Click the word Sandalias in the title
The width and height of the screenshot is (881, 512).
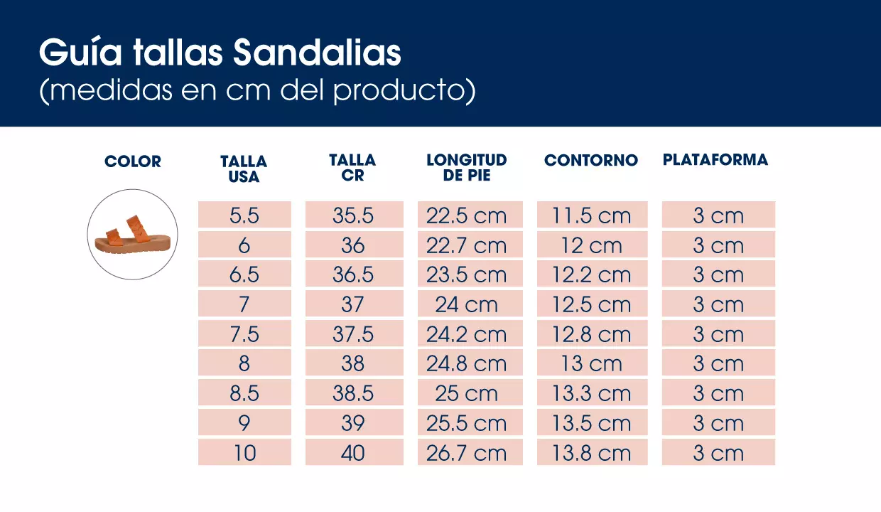coord(317,53)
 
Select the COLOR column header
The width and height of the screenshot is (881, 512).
coord(133,161)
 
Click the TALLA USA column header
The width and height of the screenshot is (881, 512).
coord(244,169)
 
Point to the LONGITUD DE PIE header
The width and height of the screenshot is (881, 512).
coord(467,168)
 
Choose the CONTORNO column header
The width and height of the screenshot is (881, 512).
coord(591,161)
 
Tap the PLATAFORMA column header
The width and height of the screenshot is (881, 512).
coord(715,160)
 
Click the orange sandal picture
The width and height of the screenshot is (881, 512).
coord(132,233)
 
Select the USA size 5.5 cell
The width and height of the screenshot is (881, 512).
coord(244,215)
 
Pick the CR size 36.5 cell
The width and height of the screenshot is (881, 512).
coord(354,274)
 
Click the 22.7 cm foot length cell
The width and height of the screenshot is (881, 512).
coord(467,245)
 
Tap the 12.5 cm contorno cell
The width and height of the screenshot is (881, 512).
coord(592,304)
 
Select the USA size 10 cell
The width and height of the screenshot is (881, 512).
coord(244,453)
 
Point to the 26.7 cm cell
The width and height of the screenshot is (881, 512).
coord(467,453)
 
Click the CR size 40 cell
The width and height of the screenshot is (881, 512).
coord(354,453)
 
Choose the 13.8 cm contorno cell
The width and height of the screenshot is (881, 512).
coord(592,453)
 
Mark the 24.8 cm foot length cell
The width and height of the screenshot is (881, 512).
coord(467,364)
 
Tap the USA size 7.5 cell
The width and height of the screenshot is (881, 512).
coord(244,334)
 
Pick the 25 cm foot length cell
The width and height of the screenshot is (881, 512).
coord(467,394)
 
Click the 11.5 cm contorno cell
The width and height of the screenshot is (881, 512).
coord(592,215)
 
